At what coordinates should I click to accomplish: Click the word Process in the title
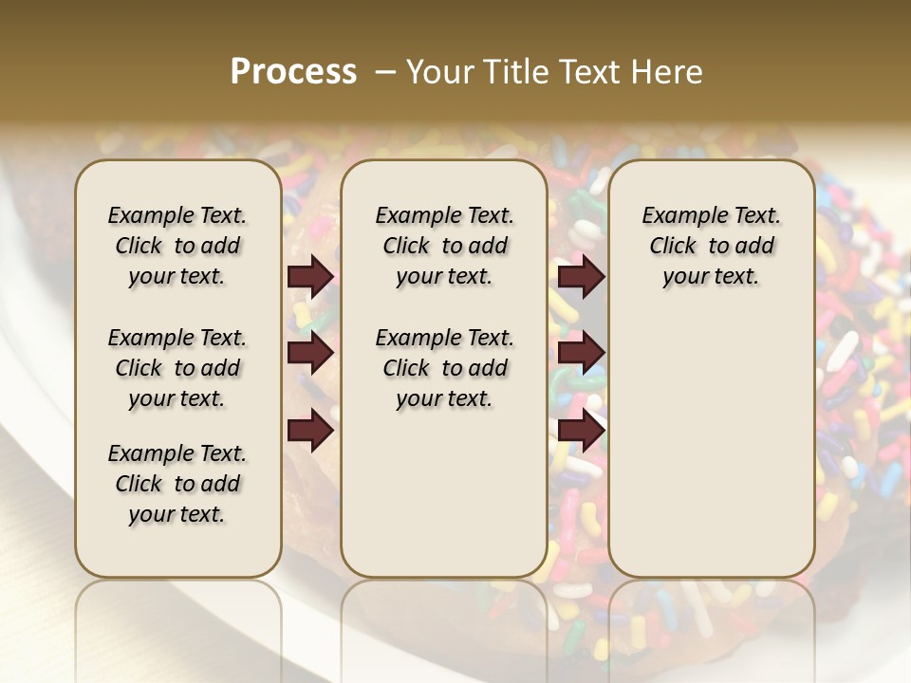[x=293, y=72]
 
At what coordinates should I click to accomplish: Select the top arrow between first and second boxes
[x=310, y=277]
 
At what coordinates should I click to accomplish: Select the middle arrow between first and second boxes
[x=310, y=354]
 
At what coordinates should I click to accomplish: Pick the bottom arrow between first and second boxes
[x=310, y=431]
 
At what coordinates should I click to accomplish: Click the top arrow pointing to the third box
[x=582, y=277]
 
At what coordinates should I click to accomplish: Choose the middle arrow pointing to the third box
[x=582, y=354]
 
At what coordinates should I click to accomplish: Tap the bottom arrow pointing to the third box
[x=582, y=431]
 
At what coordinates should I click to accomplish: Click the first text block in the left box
[x=177, y=246]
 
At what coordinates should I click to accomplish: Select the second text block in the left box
[x=177, y=368]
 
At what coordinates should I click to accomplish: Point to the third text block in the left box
[x=177, y=484]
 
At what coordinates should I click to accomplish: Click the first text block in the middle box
[x=444, y=246]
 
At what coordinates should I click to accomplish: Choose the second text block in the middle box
[x=444, y=368]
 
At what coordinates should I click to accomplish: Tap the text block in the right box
[x=711, y=246]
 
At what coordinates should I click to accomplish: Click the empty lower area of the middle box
[x=444, y=493]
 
